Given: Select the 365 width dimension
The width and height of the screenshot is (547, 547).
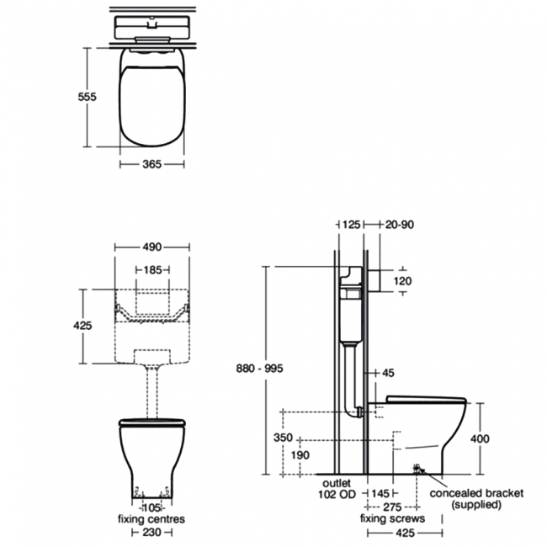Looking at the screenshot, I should pyautogui.click(x=152, y=164).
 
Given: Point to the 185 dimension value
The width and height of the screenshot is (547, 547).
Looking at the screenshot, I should pyautogui.click(x=152, y=271).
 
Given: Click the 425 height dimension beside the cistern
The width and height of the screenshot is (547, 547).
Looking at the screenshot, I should pyautogui.click(x=82, y=325).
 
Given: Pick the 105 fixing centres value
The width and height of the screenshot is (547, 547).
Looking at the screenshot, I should pyautogui.click(x=152, y=509).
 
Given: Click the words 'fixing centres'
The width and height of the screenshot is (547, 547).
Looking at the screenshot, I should pyautogui.click(x=152, y=520).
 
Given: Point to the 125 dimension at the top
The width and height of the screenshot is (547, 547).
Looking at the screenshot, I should pyautogui.click(x=351, y=225).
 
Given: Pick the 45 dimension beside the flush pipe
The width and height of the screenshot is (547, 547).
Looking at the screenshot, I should pyautogui.click(x=387, y=372).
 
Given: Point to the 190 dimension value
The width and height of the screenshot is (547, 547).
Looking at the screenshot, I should pyautogui.click(x=300, y=455).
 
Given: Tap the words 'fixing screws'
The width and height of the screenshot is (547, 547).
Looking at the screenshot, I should pyautogui.click(x=392, y=519).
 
